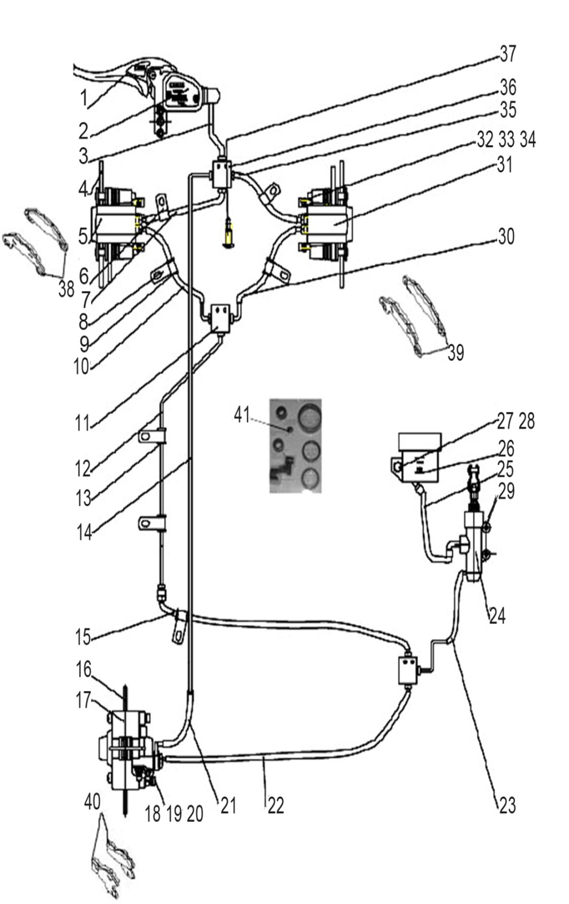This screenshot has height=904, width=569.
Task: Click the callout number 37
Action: click(508, 54)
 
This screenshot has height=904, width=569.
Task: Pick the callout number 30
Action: click(506, 237)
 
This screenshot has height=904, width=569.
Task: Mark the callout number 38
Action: click(66, 289)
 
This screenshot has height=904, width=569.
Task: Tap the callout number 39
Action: click(456, 353)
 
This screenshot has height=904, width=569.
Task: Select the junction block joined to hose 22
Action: click(408, 670)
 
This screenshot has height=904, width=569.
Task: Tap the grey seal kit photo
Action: click(296, 446)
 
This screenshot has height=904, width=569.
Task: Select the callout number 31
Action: click(504, 165)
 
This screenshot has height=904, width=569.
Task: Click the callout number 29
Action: click(506, 491)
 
